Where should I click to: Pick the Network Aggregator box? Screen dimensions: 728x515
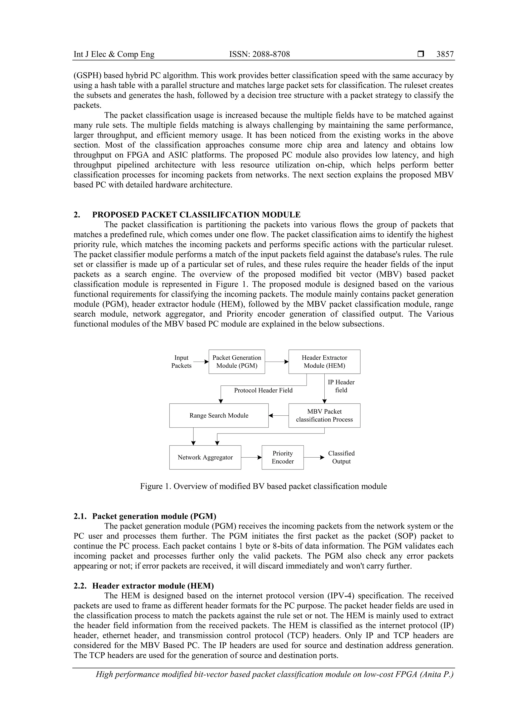(205, 457)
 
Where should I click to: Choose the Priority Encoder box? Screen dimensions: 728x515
(282, 457)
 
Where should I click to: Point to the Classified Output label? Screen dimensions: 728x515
(341, 457)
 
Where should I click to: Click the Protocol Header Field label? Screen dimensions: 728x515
(263, 390)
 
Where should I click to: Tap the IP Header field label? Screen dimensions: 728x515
(341, 386)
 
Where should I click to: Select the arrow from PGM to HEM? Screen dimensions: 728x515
(276, 362)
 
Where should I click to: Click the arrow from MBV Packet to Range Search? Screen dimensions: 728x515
(278, 415)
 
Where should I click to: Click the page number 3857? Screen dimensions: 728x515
(445, 54)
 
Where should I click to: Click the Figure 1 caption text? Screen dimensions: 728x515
(263, 486)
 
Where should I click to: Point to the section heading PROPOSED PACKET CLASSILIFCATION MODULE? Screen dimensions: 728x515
(196, 215)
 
